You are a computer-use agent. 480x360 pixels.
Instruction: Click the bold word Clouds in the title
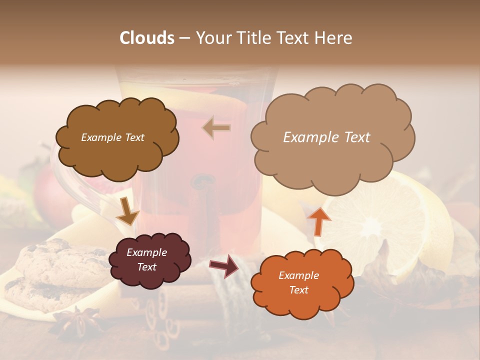pos(147,38)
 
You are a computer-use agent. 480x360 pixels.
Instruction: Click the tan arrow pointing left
pos(216,127)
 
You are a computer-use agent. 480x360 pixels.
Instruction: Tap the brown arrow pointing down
pos(127,211)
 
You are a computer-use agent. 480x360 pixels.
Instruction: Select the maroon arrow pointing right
pos(224,266)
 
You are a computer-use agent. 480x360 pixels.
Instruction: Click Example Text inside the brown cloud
pos(112,137)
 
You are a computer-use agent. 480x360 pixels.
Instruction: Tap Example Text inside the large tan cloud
pos(326,137)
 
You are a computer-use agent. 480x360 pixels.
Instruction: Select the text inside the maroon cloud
pos(146,259)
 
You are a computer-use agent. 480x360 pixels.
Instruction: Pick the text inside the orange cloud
pos(298,282)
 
